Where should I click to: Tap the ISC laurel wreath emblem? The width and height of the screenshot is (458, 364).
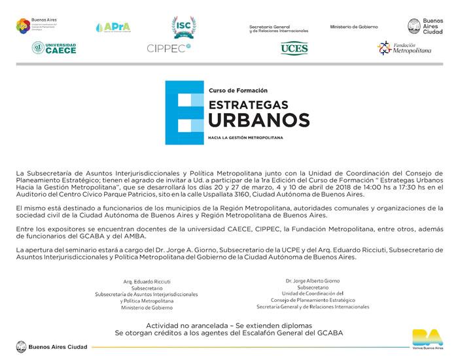click(x=183, y=25)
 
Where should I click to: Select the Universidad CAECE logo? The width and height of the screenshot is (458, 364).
click(x=54, y=48)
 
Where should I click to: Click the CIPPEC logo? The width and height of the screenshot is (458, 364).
click(x=168, y=48)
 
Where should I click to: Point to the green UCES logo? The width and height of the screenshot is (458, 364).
click(x=294, y=48)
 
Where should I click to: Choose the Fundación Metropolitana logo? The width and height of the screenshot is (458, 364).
click(x=405, y=48)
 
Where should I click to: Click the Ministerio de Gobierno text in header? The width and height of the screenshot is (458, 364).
click(x=354, y=27)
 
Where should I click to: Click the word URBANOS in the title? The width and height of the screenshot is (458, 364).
click(x=258, y=120)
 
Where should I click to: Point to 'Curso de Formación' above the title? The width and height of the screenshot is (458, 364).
click(x=238, y=90)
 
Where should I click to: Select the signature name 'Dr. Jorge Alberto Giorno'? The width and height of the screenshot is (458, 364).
click(x=312, y=280)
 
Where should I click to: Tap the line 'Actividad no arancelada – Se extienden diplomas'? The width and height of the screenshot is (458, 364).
click(x=229, y=325)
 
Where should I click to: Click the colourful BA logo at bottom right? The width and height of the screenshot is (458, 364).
click(x=427, y=338)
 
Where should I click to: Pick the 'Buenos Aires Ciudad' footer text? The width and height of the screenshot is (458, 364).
click(x=58, y=347)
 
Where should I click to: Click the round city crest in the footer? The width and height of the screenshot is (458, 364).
click(x=21, y=347)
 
